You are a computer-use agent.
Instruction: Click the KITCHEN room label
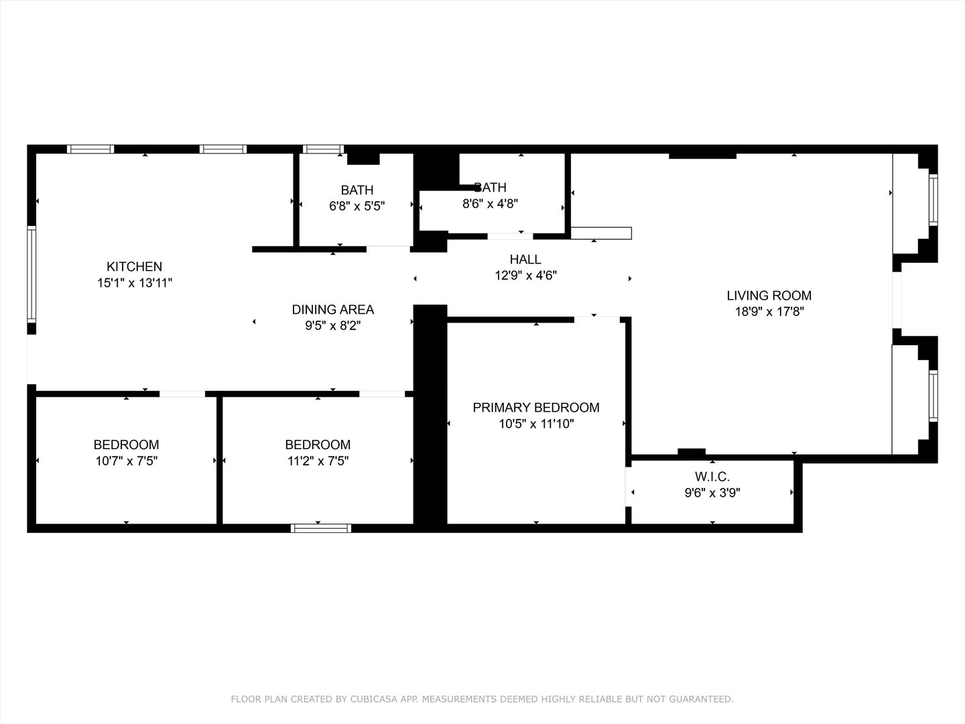(134, 267)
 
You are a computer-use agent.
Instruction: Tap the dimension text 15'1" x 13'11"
(134, 283)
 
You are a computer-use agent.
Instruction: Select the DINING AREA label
(332, 310)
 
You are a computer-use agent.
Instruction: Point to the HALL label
(525, 259)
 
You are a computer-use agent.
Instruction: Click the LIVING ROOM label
(769, 296)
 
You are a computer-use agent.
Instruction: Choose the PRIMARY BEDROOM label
(535, 408)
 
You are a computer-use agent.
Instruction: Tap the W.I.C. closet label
(712, 477)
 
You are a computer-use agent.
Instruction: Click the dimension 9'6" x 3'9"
(712, 493)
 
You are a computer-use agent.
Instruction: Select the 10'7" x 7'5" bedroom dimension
(126, 461)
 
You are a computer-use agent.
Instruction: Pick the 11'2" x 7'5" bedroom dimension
(318, 461)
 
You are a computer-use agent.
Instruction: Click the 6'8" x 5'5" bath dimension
(357, 206)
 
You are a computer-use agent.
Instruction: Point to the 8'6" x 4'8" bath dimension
(490, 204)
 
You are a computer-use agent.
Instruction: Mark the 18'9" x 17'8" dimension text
(769, 312)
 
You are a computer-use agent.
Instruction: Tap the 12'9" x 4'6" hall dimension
(525, 275)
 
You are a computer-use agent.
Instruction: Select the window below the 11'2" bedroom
(321, 528)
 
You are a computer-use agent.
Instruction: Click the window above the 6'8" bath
(323, 149)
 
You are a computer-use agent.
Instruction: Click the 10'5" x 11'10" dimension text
(535, 424)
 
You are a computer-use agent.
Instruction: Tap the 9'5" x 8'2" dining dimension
(332, 326)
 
